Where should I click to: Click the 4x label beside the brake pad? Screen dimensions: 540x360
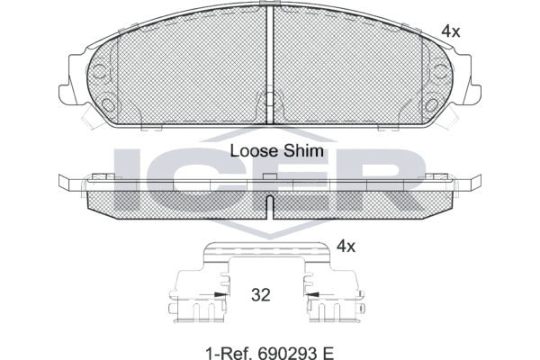451,31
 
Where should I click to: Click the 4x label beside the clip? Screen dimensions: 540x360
346,247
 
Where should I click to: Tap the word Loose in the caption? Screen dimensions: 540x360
254,151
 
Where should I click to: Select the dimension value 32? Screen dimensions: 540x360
261,295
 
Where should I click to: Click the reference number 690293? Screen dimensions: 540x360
287,353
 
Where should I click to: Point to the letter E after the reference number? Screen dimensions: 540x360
328,353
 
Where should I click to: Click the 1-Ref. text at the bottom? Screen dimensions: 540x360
229,353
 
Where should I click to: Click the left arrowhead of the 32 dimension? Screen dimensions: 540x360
220,295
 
